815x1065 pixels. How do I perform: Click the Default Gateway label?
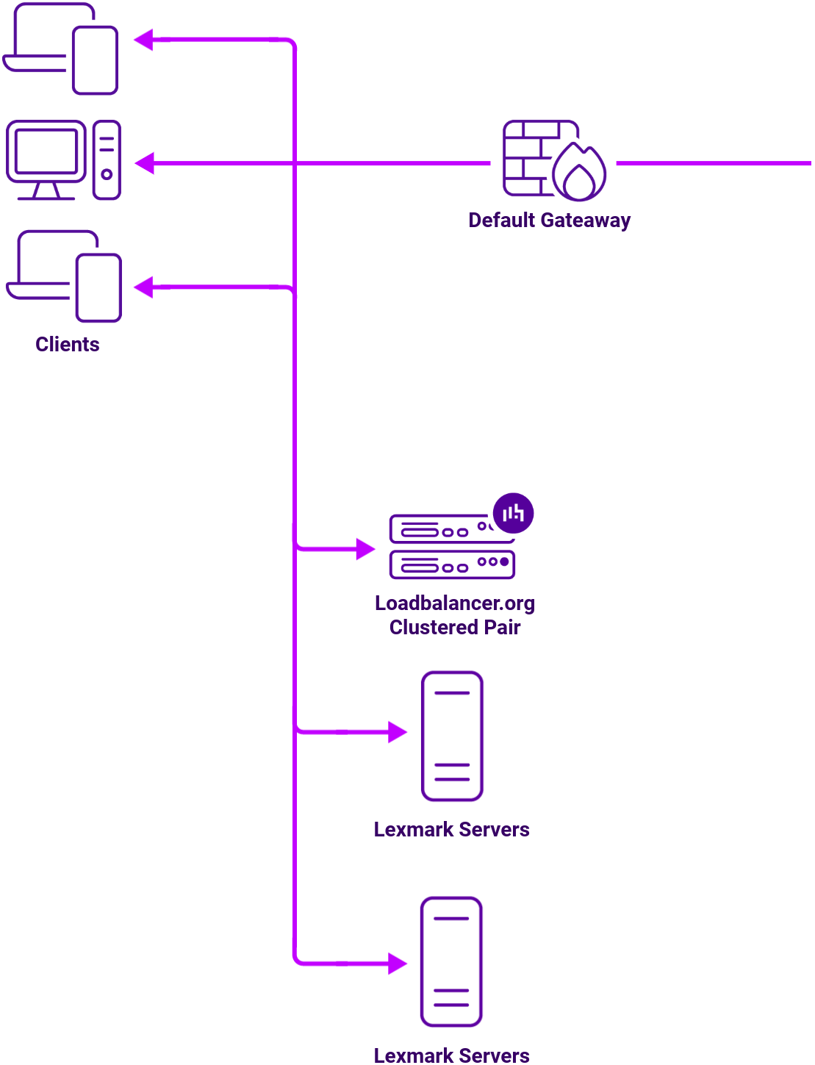[549, 220]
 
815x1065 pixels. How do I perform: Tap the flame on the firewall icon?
[580, 173]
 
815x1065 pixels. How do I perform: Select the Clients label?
[68, 345]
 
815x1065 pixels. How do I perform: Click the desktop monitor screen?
[46, 151]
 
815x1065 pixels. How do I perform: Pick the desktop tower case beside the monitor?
[107, 160]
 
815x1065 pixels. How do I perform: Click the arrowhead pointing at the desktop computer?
[145, 163]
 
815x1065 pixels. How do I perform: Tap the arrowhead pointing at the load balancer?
[365, 548]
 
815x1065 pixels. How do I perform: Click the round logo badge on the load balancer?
[513, 513]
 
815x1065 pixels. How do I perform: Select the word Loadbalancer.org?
[455, 603]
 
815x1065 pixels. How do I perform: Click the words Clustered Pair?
[455, 628]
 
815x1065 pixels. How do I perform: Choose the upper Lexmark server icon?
[452, 736]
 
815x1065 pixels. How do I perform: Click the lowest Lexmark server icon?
[451, 961]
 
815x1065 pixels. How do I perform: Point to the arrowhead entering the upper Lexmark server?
[398, 732]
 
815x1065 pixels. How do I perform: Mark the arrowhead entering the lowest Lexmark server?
[398, 963]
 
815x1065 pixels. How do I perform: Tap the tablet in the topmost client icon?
[95, 60]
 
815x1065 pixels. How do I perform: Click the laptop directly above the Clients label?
[44, 268]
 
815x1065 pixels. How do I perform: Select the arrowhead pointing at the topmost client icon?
[144, 40]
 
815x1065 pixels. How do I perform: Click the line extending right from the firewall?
[713, 163]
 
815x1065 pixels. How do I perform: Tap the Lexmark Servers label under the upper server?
[451, 830]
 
